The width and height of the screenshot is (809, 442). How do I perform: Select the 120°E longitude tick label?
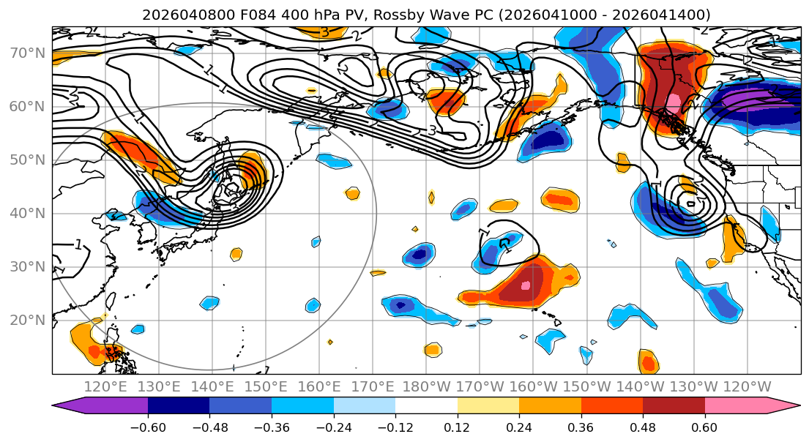pos(106,387)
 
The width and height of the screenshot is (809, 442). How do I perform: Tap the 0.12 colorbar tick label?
pos(457,427)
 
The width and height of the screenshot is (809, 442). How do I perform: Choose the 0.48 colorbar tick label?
pos(642,427)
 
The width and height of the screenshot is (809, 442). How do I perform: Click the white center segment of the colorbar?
pos(426,406)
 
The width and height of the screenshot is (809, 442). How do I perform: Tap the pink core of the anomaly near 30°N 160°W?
pos(526,285)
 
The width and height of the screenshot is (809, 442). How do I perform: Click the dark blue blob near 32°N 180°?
pos(419,255)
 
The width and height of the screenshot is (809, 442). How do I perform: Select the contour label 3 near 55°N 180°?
pos(432,131)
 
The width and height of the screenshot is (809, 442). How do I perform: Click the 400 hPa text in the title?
pos(290,15)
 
